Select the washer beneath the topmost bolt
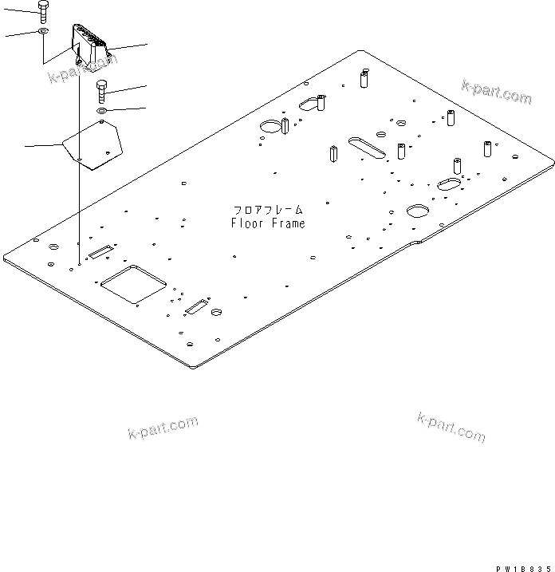[43, 33]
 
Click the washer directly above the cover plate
[103, 110]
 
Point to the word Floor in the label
[246, 223]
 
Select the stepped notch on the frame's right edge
[416, 240]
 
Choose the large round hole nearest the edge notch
[418, 210]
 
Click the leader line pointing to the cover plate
[44, 145]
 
